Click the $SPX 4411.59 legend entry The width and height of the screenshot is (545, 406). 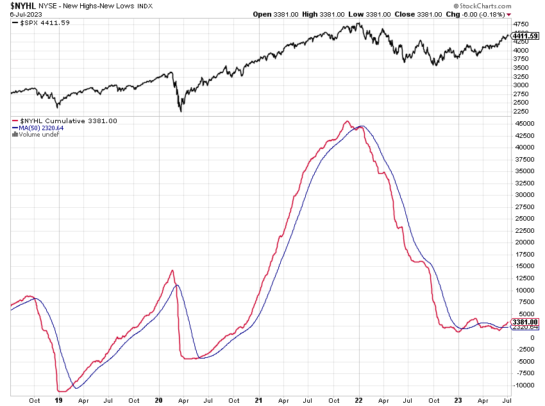(x=44, y=23)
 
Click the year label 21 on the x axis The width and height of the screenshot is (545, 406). (x=258, y=400)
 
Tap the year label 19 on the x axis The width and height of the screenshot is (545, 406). (x=59, y=400)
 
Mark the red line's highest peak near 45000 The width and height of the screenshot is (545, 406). (x=347, y=121)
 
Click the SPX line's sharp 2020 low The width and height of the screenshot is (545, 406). (x=181, y=111)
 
